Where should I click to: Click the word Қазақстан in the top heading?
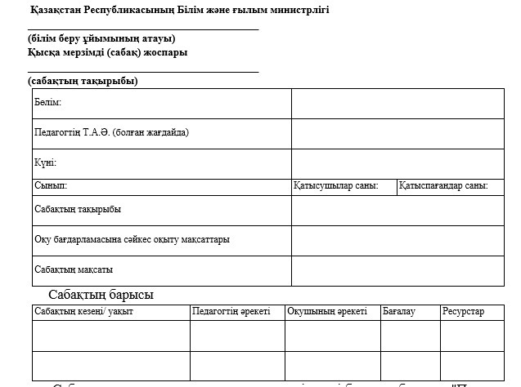pos(55,10)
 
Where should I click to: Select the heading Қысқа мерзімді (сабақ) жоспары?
pos(107,52)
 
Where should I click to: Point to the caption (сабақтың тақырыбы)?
pos(83,81)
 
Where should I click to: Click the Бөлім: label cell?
pos(48,103)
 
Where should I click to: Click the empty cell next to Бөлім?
pos(397,103)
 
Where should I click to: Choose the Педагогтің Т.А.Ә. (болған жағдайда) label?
pos(117,131)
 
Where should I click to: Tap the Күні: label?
pos(45,162)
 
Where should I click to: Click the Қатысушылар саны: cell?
pos(336,186)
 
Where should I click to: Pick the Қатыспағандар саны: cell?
pos(443,186)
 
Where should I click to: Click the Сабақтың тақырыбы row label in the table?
pos(78,209)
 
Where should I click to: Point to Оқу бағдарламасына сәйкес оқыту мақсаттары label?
pos(132,240)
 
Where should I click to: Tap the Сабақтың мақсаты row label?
pos(74,269)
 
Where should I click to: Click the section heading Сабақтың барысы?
pos(101,295)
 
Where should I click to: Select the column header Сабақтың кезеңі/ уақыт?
pos(83,312)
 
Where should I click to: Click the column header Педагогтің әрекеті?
pos(231,312)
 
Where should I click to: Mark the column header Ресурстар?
pos(463,312)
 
